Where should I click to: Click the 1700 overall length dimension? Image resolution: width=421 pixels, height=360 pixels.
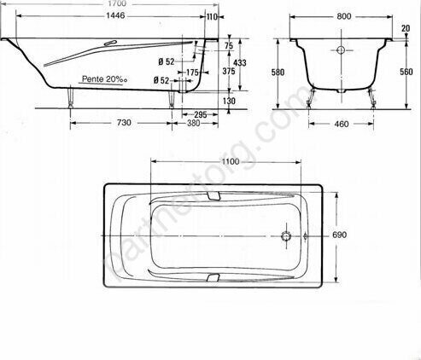pyautogui.click(x=117, y=3)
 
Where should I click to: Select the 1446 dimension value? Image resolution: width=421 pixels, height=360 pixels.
pyautogui.click(x=115, y=15)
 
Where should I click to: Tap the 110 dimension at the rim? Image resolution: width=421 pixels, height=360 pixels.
pyautogui.click(x=212, y=17)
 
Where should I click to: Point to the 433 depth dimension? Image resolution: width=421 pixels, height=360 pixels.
pyautogui.click(x=240, y=62)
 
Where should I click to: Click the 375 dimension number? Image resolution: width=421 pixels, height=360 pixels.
pyautogui.click(x=229, y=71)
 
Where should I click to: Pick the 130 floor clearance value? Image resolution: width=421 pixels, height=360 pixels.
pyautogui.click(x=229, y=101)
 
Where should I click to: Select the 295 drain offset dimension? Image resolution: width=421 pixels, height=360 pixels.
pyautogui.click(x=201, y=114)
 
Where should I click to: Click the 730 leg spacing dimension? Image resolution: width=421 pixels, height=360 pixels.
pyautogui.click(x=125, y=123)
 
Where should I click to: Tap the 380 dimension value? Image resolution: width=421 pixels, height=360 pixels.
pyautogui.click(x=194, y=123)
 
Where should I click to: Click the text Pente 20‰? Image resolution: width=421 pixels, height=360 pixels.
pyautogui.click(x=104, y=79)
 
